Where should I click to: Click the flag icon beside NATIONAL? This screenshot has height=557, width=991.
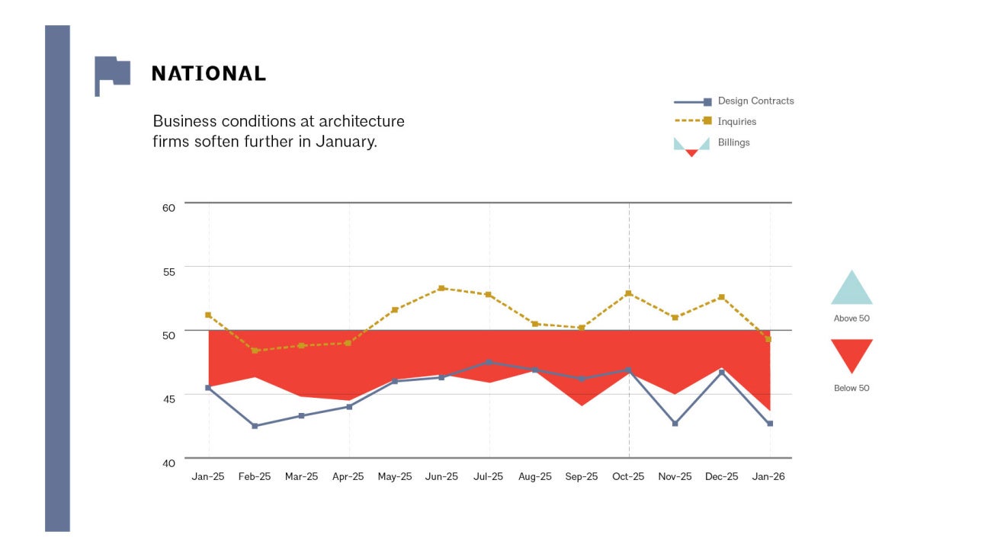[x=111, y=74]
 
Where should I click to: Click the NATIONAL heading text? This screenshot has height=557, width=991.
[x=208, y=74]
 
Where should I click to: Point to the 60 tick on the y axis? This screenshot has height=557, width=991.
[x=168, y=207]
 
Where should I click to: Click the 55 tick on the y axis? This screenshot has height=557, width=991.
[x=168, y=271]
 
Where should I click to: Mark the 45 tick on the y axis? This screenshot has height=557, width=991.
[x=168, y=399]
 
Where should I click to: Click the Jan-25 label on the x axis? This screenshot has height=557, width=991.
[x=207, y=477]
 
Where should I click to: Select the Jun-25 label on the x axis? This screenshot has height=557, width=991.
[x=441, y=477]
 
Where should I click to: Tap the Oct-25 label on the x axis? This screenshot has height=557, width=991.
[x=628, y=477]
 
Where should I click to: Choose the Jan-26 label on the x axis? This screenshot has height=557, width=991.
[x=768, y=477]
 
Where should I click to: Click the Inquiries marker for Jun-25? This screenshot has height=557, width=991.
[x=442, y=289]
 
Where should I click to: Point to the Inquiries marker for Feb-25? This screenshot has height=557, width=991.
[x=255, y=351]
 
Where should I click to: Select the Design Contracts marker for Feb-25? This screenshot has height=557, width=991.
[x=255, y=426]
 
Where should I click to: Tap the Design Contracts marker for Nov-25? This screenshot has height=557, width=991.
[x=675, y=423]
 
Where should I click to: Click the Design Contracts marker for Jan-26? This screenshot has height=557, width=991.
[x=770, y=423]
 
